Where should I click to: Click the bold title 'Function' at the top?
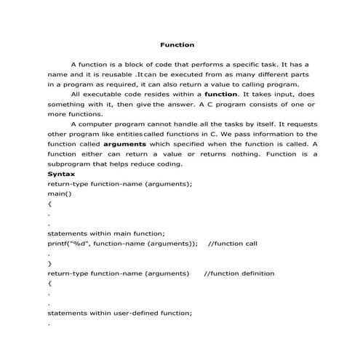177,45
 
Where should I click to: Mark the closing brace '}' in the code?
49,263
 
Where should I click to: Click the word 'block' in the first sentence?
143,65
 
